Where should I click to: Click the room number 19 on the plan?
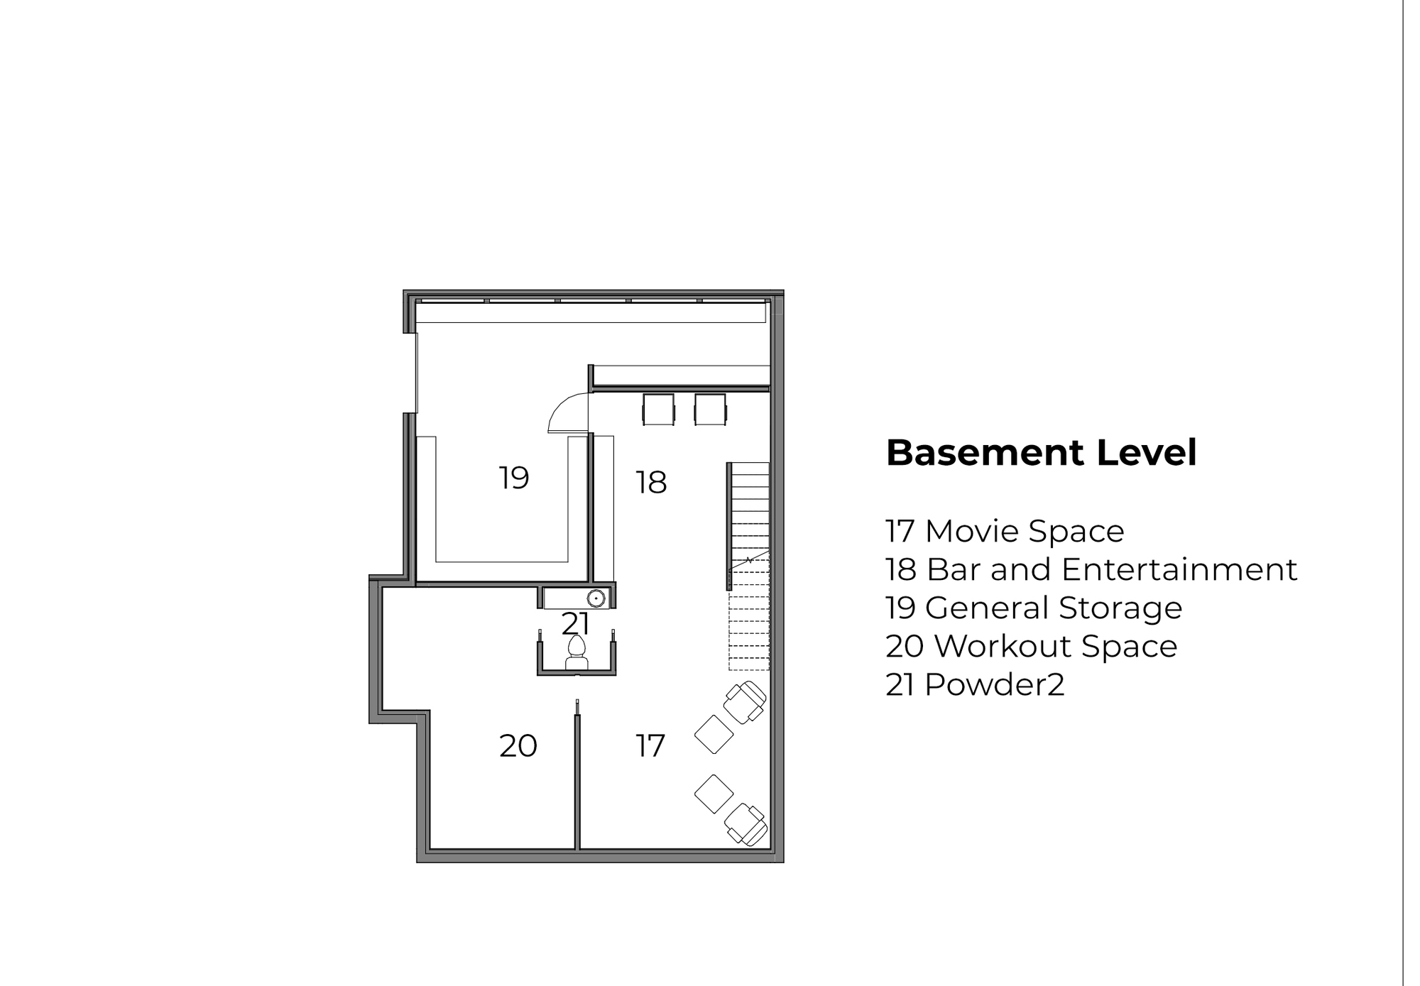point(513,478)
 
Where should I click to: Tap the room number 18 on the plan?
point(651,483)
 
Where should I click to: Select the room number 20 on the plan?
point(518,746)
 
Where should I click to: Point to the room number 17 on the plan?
point(650,746)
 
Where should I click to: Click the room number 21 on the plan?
point(575,624)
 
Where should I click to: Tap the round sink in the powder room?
point(596,598)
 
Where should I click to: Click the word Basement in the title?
point(985,453)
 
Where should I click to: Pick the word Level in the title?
point(1147,453)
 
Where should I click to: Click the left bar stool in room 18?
point(658,410)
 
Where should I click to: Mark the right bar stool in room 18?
point(711,410)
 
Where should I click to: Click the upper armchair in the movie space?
point(745,702)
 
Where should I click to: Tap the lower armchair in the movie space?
point(745,824)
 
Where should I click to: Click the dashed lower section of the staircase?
point(749,615)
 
